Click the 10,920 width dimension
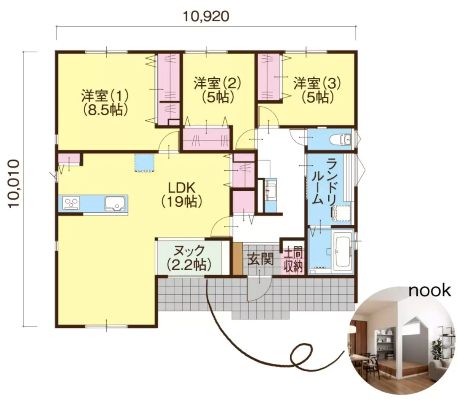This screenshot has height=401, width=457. coord(206,17)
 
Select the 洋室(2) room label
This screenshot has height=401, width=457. coord(217,83)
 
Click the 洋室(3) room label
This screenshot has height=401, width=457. coord(317,83)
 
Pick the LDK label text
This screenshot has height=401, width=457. coord(182,187)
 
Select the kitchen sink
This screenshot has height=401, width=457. coord(115,204)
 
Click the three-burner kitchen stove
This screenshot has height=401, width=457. coord(71,203)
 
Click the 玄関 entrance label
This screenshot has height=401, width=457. coord(260,259)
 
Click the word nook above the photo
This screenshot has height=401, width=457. coord(430,291)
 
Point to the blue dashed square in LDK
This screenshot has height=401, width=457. coord(145,163)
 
